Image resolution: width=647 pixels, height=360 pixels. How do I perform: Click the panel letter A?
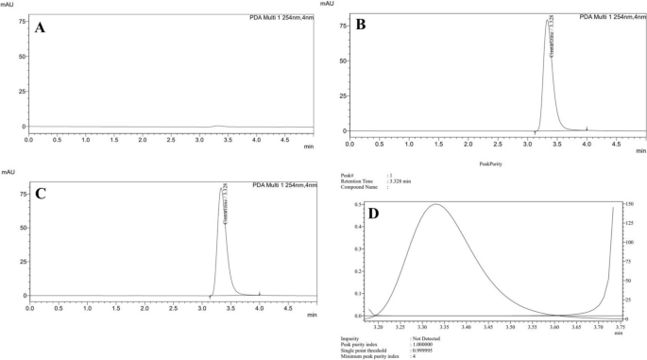pos(41,28)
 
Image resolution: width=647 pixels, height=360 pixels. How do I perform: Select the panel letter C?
pos(41,193)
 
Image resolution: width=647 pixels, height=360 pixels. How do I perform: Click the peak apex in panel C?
pos(221,187)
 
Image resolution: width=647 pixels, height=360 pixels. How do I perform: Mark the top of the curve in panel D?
pos(435,204)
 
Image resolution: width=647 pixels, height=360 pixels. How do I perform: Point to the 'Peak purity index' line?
pos(367,343)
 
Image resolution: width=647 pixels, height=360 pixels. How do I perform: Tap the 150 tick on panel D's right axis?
pos(628,204)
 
